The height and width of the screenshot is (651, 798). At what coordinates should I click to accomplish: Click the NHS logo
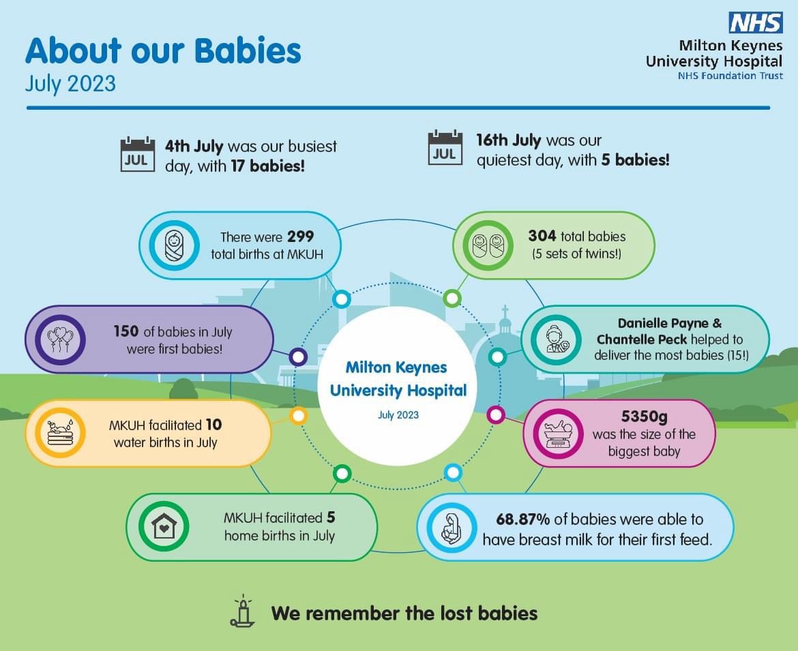point(755,22)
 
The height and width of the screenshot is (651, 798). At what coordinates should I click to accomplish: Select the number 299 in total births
point(300,237)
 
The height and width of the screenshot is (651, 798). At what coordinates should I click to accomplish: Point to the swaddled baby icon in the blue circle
point(174,245)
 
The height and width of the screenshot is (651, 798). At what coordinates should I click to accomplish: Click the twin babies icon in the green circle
point(488,245)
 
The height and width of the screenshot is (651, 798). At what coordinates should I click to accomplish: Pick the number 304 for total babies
point(542,236)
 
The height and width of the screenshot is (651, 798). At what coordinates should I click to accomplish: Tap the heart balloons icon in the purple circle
point(60,339)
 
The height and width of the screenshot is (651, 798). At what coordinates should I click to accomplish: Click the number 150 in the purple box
point(125,331)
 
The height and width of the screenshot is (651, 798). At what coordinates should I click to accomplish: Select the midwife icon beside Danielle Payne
point(556,339)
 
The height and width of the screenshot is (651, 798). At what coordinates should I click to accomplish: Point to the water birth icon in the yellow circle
point(60,433)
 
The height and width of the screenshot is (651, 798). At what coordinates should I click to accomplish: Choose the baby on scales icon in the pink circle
point(558,434)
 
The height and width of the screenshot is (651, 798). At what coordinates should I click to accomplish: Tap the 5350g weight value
point(644,417)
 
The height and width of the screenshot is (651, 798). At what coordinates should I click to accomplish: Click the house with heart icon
point(164,526)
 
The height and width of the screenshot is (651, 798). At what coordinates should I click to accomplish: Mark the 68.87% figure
point(522,519)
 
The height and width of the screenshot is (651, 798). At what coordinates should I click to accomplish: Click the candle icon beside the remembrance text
point(243,610)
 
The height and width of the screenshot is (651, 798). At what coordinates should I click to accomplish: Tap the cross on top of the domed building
point(505,311)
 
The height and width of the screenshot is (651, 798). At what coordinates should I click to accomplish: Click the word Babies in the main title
point(248,51)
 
